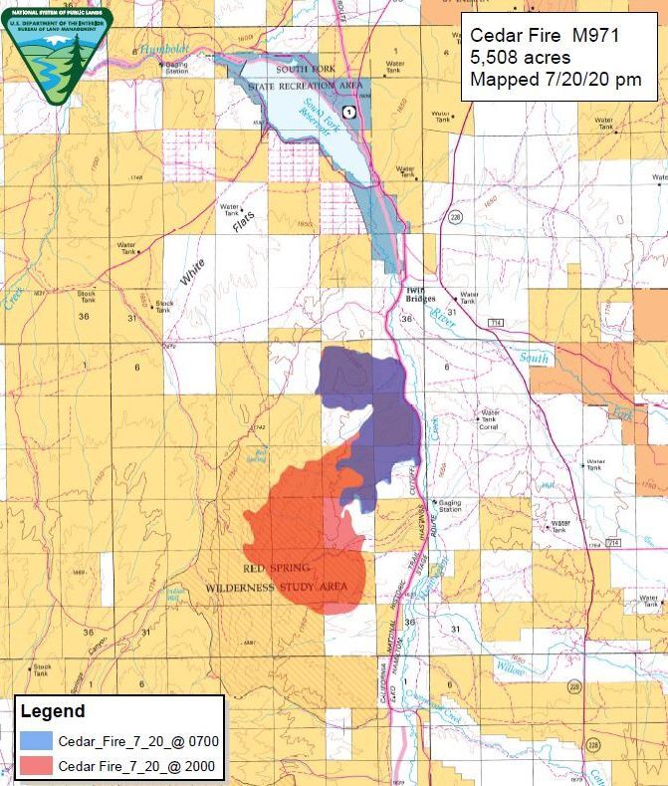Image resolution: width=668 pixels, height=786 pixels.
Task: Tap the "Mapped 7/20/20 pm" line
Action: click(556, 79)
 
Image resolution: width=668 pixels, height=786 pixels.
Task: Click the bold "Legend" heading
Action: click(52, 711)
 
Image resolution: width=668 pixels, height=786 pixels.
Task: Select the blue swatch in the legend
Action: click(35, 741)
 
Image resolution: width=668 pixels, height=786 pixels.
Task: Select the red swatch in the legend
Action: click(35, 766)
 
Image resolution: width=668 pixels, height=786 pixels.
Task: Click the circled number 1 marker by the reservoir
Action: click(348, 111)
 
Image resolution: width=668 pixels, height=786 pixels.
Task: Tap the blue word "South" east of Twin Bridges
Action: click(534, 358)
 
